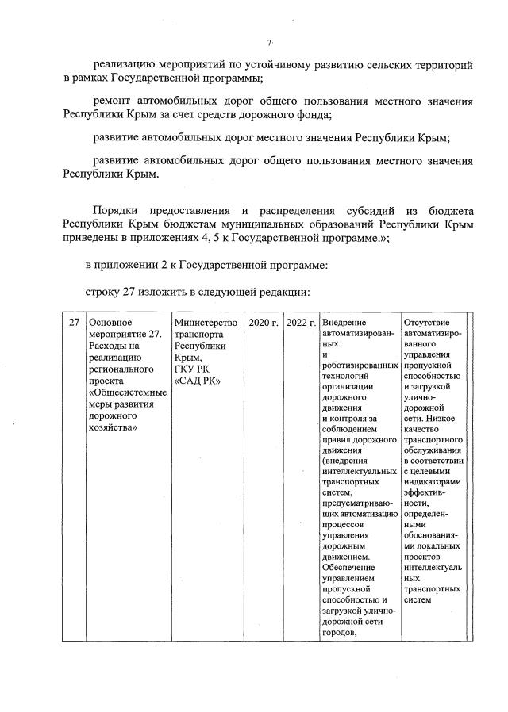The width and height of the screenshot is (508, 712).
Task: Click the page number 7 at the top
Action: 270,42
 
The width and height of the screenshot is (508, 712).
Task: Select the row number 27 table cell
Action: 74,323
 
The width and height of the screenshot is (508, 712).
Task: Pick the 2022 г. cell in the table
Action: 301,323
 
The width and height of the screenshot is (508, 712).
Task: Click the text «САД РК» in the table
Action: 196,380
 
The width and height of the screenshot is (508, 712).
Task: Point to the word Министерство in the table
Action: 205,323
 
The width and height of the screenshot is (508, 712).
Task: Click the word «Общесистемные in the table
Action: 128,392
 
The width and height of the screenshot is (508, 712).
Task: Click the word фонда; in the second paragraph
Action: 309,114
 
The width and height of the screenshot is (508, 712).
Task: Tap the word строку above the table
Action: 102,293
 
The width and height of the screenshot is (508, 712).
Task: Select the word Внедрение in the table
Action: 344,323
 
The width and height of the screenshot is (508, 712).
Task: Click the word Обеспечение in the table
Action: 351,566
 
